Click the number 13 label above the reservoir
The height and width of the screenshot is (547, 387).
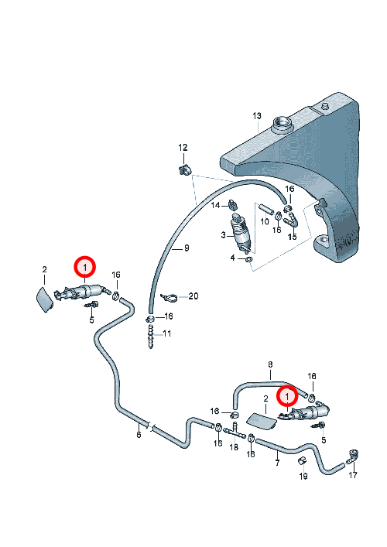pyautogui.click(x=257, y=116)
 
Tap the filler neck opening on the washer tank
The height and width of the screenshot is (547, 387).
pyautogui.click(x=282, y=123)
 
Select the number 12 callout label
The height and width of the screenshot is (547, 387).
pyautogui.click(x=183, y=148)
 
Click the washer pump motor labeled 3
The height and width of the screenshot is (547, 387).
pyautogui.click(x=241, y=233)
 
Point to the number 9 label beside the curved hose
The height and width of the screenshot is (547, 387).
pyautogui.click(x=187, y=248)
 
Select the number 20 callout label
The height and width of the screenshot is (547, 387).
pyautogui.click(x=193, y=296)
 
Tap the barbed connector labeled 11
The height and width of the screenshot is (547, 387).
pyautogui.click(x=150, y=337)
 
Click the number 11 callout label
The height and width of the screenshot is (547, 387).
pyautogui.click(x=167, y=334)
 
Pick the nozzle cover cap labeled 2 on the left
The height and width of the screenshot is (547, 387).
pyautogui.click(x=44, y=299)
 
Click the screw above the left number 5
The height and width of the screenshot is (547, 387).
pyautogui.click(x=91, y=306)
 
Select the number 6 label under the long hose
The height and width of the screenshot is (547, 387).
pyautogui.click(x=139, y=435)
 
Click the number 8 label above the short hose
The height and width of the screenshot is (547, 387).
pyautogui.click(x=270, y=364)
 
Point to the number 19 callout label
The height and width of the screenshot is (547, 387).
pyautogui.click(x=303, y=476)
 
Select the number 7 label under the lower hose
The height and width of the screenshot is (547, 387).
pyautogui.click(x=277, y=463)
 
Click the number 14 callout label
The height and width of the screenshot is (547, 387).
pyautogui.click(x=215, y=205)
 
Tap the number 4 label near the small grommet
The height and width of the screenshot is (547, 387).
pyautogui.click(x=233, y=258)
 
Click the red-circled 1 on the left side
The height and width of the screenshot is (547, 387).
pyautogui.click(x=84, y=268)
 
